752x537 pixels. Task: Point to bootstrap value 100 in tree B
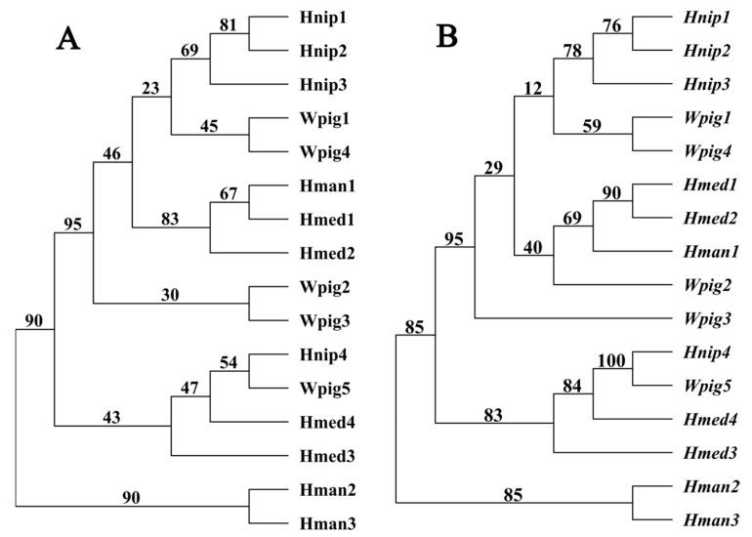pos(612,359)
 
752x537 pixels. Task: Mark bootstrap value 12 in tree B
pos(532,90)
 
